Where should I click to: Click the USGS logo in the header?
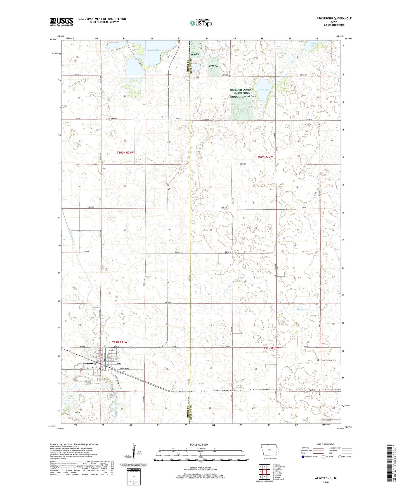(62, 22)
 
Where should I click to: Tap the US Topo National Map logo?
(200, 23)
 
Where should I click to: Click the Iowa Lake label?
(153, 50)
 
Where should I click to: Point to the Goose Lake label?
(263, 90)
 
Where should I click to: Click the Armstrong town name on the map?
(89, 363)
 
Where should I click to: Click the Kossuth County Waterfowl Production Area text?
(242, 93)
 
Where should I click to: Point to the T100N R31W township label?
(125, 153)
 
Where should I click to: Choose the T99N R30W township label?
(271, 348)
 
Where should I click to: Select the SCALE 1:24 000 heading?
(199, 444)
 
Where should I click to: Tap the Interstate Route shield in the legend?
(303, 457)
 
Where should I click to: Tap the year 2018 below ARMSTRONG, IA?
(326, 482)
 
